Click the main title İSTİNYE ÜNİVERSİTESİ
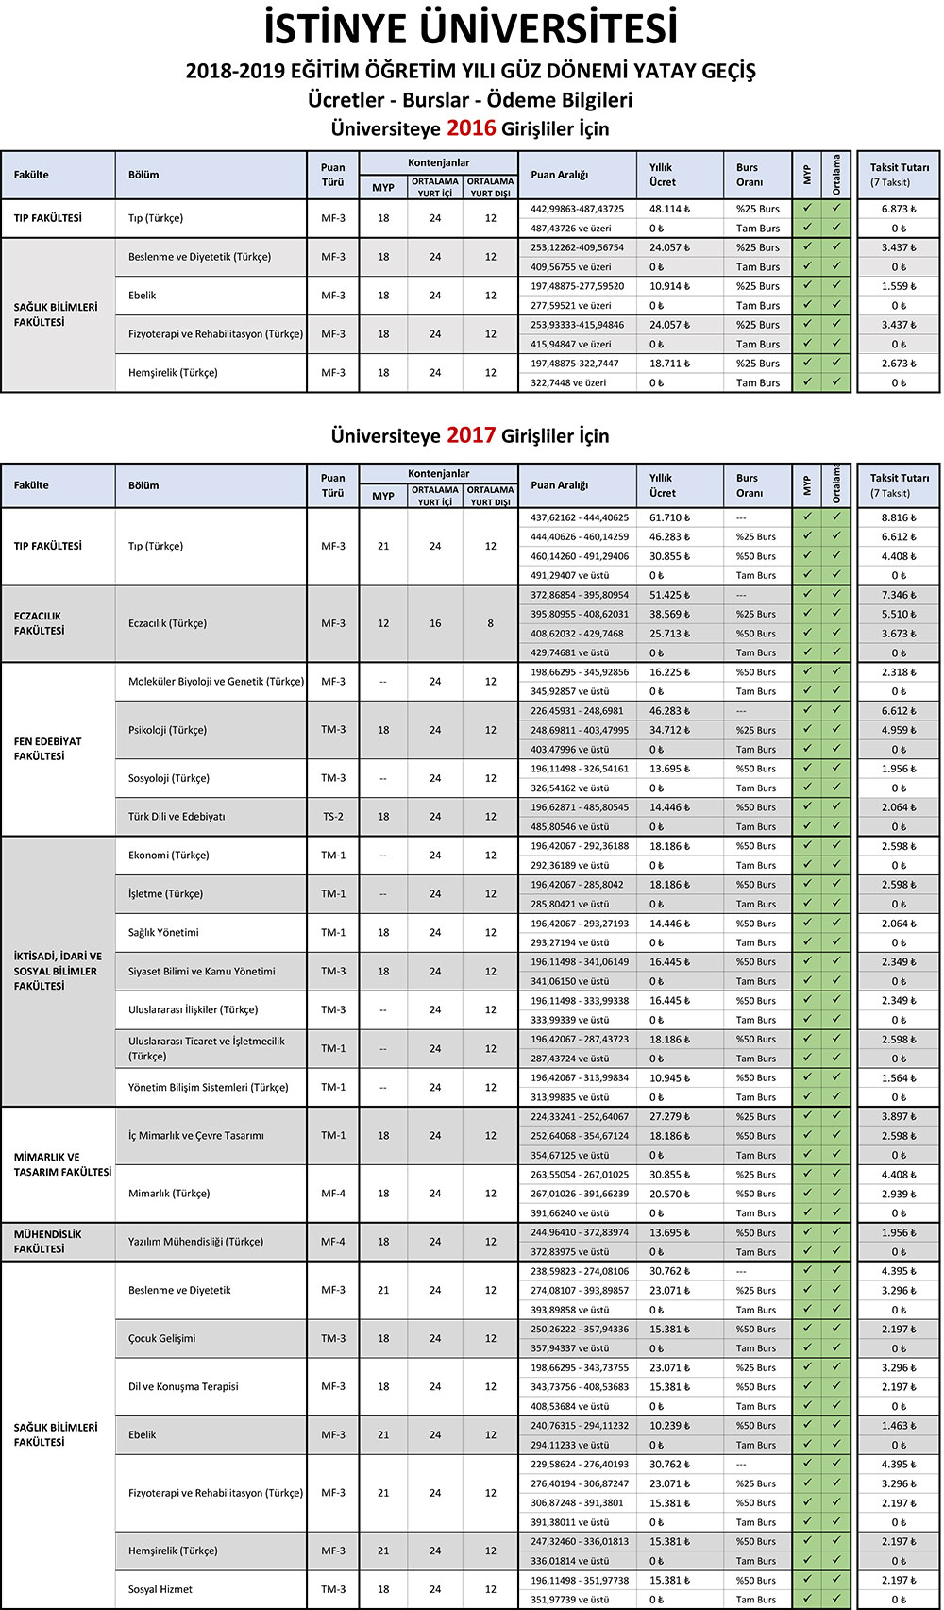471,28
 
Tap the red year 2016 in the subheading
471,128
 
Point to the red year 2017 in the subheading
471,435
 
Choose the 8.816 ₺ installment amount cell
898,517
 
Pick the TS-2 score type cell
332,817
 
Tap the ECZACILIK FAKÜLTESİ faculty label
40,623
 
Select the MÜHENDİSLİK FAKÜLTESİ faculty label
48,1242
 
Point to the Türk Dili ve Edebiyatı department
177,817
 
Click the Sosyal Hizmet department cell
160,1589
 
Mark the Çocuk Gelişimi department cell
162,1338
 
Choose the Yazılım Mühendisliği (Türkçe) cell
195,1242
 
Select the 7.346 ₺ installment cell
898,595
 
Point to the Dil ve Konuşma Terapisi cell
183,1386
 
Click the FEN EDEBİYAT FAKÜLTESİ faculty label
48,749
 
